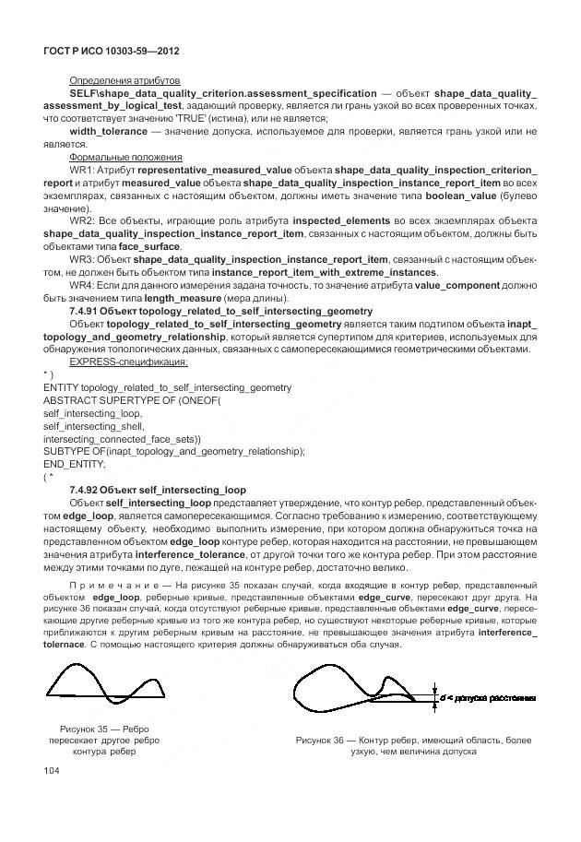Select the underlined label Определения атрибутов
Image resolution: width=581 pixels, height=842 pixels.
[125, 81]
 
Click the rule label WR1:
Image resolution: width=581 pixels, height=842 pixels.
[82, 171]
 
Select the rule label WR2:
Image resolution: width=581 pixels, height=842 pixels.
[82, 222]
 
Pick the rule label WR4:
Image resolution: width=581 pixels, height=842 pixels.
[82, 286]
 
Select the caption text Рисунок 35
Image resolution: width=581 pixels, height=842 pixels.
[89, 728]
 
